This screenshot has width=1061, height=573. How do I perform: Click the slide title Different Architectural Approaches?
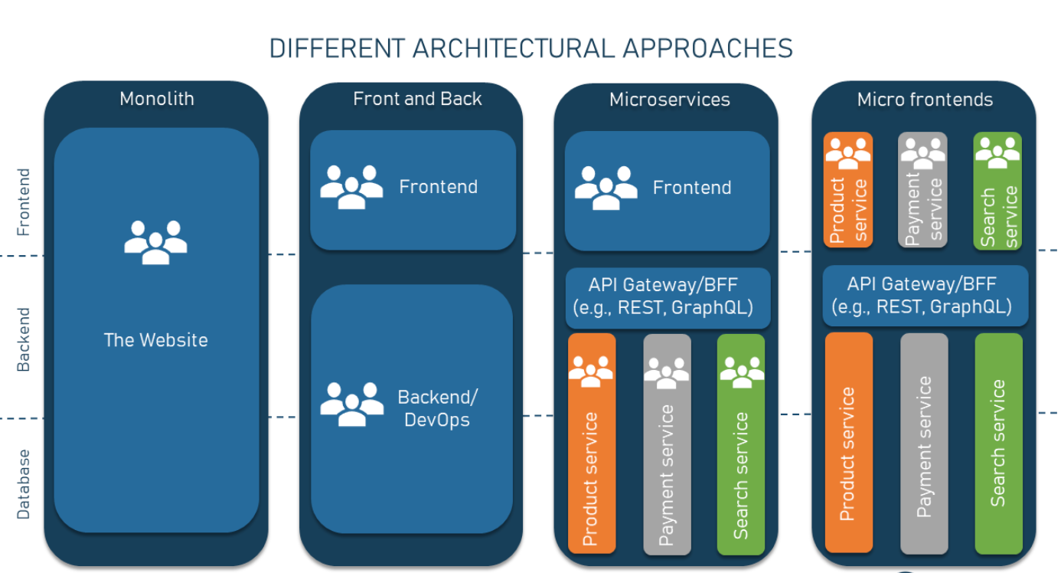[531, 48]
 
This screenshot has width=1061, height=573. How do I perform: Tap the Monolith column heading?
[157, 99]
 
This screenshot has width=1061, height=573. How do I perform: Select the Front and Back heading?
[417, 99]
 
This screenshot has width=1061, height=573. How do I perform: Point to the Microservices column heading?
[670, 100]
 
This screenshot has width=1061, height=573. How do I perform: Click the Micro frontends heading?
[925, 100]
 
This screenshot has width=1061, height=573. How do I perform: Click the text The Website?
[156, 340]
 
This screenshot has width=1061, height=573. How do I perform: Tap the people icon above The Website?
[156, 242]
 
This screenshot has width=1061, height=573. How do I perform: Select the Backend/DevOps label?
[437, 408]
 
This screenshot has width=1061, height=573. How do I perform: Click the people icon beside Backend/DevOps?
[352, 404]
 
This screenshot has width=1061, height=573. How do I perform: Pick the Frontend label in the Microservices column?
[692, 188]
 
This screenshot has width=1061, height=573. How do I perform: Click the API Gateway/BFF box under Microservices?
[668, 298]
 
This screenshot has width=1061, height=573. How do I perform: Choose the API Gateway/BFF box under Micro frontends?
[926, 296]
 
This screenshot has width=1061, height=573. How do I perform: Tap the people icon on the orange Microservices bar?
[591, 372]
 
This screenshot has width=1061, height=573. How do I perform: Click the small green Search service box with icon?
[997, 191]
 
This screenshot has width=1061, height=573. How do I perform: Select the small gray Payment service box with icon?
[922, 189]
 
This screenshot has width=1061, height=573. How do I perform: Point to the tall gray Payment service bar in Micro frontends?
[924, 444]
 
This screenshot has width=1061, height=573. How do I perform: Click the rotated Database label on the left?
[23, 484]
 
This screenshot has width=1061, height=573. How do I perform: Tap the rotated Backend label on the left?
[23, 339]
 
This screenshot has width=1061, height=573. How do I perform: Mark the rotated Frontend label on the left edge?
[23, 202]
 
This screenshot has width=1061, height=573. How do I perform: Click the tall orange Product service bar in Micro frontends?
[849, 443]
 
